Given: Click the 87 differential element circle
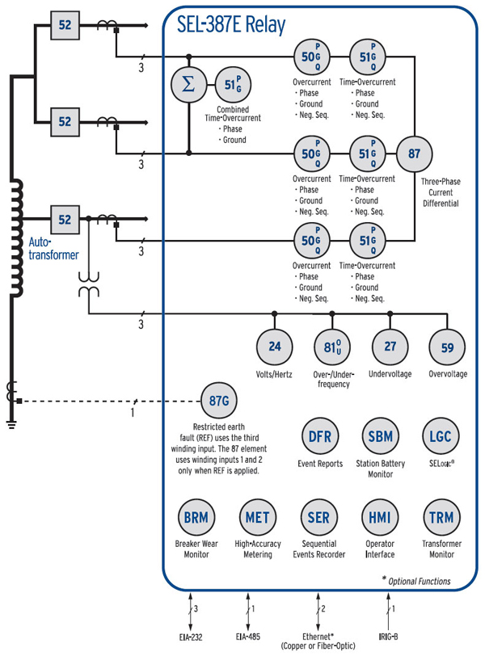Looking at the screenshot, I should [x=415, y=153].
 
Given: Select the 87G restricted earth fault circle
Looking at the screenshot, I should [x=217, y=401].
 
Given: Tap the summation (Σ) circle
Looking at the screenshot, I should [x=189, y=85].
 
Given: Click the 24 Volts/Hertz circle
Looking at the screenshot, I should [x=275, y=347].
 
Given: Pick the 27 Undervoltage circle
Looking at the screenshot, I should [x=390, y=347].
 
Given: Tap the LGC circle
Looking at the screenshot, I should [x=441, y=436].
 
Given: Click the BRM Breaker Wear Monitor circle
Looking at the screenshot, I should [x=196, y=518].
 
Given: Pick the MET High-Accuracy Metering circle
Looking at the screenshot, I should [x=258, y=518].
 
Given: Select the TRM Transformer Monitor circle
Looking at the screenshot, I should [x=441, y=518].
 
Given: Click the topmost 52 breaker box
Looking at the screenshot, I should [x=64, y=26].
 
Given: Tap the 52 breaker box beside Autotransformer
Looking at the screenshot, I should [x=64, y=218].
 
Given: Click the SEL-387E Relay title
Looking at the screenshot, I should [x=231, y=26].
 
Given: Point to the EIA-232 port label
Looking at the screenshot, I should [x=190, y=637].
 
